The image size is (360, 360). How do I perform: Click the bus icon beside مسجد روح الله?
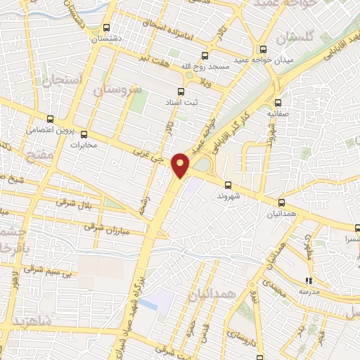[205, 56]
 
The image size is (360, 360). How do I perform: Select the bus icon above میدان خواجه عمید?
[263, 49]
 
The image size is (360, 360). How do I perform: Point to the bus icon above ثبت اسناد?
[181, 91]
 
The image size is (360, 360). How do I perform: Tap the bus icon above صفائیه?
[278, 103]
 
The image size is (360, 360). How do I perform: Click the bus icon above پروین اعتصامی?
[49, 119]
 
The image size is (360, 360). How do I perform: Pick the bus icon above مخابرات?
[84, 134]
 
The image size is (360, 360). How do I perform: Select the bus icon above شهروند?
[227, 185]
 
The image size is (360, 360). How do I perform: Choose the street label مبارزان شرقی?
[103, 226]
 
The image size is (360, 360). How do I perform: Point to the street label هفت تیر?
[173, 60]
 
